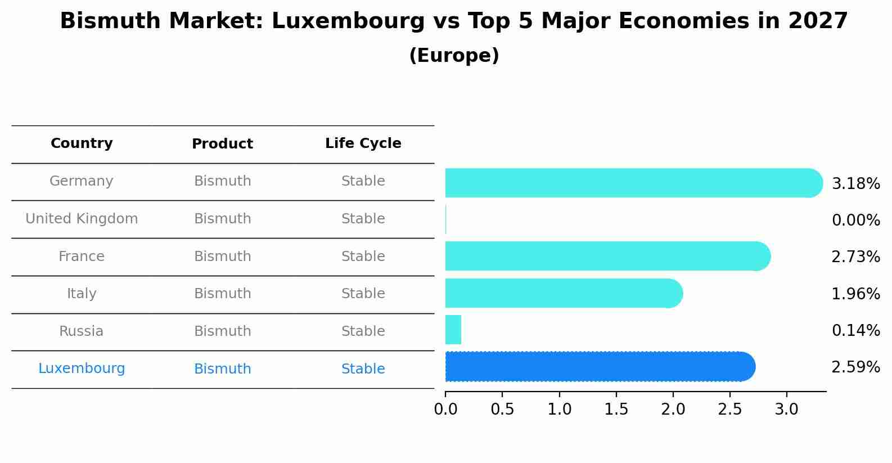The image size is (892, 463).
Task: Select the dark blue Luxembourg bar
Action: (x=599, y=367)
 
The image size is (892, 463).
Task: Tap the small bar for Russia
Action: (x=453, y=330)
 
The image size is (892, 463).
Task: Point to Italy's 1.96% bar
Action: (x=562, y=293)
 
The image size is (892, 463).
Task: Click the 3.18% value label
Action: (x=855, y=184)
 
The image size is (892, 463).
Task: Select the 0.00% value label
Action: (x=855, y=221)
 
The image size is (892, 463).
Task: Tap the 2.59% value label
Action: (x=855, y=367)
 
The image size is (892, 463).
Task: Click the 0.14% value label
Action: (x=855, y=331)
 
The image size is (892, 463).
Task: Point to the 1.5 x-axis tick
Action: (x=616, y=410)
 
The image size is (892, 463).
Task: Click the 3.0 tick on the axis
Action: (x=786, y=410)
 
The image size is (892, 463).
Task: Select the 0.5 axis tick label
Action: (x=502, y=410)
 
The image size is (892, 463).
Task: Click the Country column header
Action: (x=82, y=143)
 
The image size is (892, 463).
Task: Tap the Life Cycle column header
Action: (x=363, y=143)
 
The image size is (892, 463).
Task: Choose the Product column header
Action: (x=222, y=144)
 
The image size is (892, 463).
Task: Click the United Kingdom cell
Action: (x=82, y=219)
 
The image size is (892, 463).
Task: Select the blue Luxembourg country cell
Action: (x=82, y=368)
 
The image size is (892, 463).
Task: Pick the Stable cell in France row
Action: (x=363, y=257)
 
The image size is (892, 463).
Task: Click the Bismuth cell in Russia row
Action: (x=222, y=331)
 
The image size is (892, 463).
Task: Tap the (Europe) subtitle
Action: (x=454, y=56)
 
